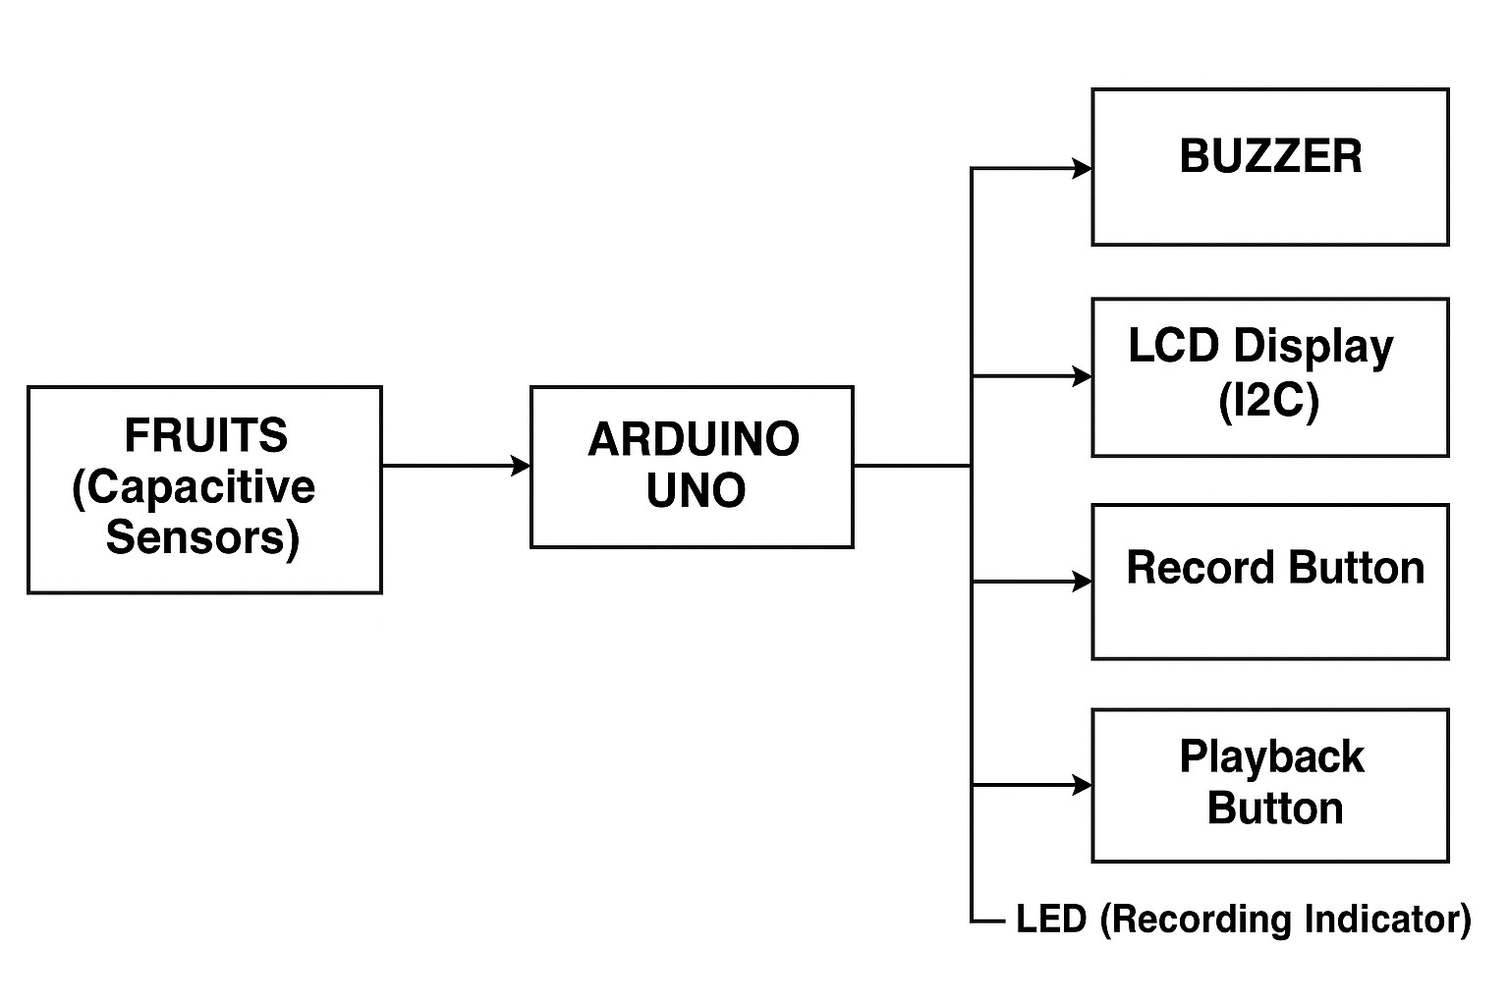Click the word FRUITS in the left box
tap(205, 435)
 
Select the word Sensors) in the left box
tap(202, 537)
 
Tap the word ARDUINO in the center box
tap(693, 439)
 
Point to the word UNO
tap(696, 490)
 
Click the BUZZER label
tap(1270, 157)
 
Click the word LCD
tap(1174, 346)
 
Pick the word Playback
tap(1271, 756)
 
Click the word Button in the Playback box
tap(1274, 808)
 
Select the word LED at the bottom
tap(1051, 920)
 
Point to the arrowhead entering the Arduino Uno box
tap(521, 466)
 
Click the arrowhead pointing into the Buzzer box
tap(1082, 169)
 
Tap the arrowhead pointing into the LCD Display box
tap(1082, 376)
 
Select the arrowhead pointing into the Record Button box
tap(1082, 583)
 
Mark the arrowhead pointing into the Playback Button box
tap(1082, 785)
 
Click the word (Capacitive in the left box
tap(194, 487)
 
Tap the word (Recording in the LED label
tap(1197, 920)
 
